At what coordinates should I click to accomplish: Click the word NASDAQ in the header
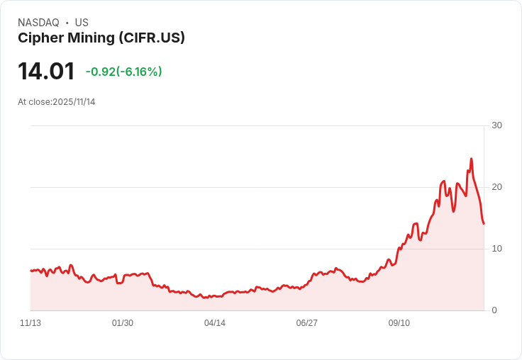point(38,23)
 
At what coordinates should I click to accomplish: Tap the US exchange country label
point(82,23)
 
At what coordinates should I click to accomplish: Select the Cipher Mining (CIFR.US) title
point(101,38)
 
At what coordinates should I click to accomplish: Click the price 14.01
point(46,72)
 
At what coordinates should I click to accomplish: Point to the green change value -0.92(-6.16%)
point(123,72)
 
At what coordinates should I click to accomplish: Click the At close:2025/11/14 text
point(56,102)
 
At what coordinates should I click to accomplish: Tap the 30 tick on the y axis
point(496,125)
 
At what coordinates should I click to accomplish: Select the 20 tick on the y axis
point(496,187)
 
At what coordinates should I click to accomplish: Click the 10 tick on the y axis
point(496,249)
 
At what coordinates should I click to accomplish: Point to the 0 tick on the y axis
point(494,310)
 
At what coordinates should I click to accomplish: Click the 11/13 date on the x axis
point(30,323)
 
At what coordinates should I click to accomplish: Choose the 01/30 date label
point(123,323)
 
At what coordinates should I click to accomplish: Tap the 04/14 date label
point(215,323)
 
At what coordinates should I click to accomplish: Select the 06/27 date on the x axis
point(307,323)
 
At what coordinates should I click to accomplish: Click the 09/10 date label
point(399,323)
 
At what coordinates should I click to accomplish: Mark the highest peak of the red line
point(471,159)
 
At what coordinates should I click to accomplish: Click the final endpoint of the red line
point(484,224)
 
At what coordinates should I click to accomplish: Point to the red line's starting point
point(30,271)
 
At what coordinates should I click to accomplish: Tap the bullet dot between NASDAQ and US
point(67,23)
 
